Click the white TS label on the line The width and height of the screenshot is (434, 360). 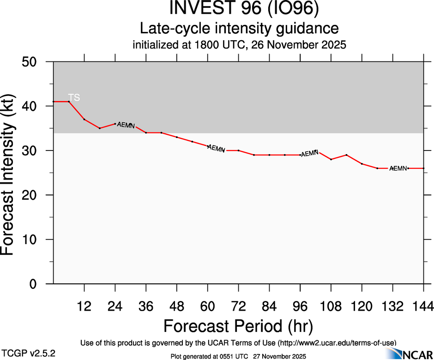[x=74, y=97]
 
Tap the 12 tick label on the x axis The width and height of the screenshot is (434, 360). [x=84, y=306]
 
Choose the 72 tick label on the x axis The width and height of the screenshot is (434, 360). [x=238, y=306]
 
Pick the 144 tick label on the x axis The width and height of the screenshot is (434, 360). [x=424, y=306]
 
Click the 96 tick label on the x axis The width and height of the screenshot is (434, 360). [x=300, y=306]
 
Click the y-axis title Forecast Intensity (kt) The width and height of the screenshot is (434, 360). [x=12, y=173]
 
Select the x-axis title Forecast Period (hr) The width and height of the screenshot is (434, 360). [x=238, y=326]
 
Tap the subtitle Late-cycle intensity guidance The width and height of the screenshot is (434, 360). [x=239, y=29]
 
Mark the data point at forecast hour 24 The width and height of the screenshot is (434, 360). [x=115, y=124]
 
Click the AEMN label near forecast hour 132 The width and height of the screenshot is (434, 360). [x=398, y=168]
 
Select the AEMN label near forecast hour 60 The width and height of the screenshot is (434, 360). [x=216, y=149]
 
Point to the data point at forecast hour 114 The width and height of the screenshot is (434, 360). [x=346, y=155]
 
